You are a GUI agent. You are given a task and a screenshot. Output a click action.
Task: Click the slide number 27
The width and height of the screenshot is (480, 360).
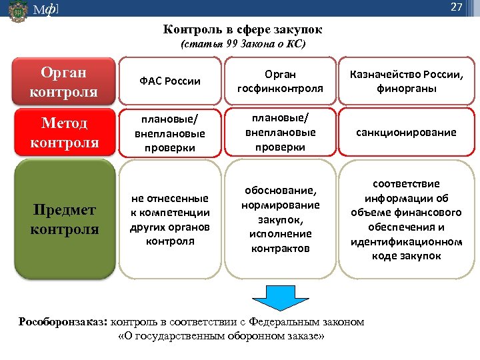point(456,8)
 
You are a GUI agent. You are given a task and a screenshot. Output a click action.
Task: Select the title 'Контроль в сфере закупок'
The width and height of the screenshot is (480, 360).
point(243,30)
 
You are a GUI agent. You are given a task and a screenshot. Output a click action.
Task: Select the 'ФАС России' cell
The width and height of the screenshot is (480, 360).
point(170,81)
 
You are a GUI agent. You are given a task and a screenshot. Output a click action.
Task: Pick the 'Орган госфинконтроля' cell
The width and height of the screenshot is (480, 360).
point(280,81)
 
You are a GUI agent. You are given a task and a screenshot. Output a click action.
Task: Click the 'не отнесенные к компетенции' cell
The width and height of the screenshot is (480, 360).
point(170,219)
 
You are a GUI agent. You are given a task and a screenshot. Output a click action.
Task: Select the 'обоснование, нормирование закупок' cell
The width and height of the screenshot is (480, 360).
point(280,219)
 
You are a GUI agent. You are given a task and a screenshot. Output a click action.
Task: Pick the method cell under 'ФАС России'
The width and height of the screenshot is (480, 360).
point(170,132)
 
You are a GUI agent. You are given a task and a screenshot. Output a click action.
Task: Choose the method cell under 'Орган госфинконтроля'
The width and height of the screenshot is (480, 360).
point(280,132)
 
